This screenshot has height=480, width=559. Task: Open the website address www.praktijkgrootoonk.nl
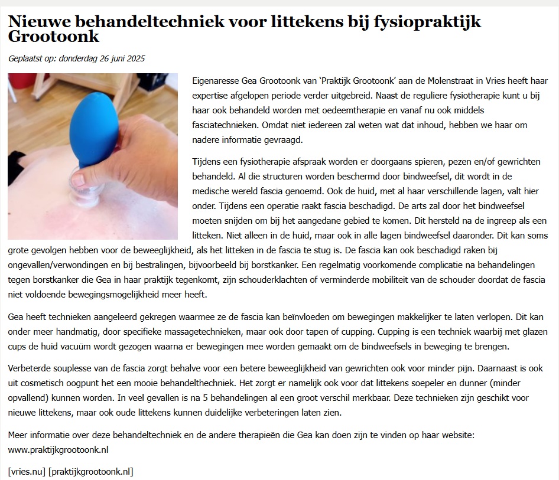(58, 450)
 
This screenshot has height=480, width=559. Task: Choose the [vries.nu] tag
(27, 471)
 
